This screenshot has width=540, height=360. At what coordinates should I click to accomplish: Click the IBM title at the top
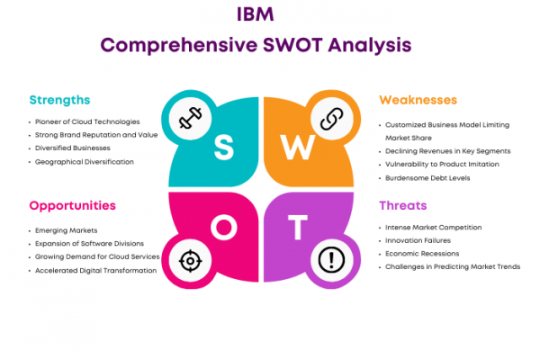(256, 14)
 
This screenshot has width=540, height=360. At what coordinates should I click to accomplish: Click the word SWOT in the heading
(292, 45)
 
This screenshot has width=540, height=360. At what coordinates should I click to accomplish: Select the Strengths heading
(59, 100)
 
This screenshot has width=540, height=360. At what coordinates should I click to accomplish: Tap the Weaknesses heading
(418, 100)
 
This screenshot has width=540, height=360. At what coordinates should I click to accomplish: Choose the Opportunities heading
(72, 206)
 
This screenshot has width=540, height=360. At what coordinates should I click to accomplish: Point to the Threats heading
(403, 206)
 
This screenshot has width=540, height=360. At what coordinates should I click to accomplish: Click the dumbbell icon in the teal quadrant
(191, 118)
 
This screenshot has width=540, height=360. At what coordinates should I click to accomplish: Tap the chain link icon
(331, 119)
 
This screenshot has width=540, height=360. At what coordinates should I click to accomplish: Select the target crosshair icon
(190, 261)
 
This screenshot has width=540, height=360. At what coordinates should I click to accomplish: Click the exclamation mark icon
(331, 260)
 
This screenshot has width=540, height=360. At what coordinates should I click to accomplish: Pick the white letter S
(224, 147)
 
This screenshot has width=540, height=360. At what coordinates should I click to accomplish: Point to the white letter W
(298, 147)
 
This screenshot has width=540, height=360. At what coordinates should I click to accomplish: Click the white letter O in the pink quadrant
(224, 227)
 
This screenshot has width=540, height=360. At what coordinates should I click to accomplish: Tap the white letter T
(298, 227)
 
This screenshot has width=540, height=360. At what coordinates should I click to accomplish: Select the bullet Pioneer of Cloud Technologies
(87, 122)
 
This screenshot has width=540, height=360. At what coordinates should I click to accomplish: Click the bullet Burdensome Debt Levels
(427, 178)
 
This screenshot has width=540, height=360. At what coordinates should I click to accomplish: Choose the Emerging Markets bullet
(66, 230)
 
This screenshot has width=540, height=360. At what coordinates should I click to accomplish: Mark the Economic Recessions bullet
(422, 254)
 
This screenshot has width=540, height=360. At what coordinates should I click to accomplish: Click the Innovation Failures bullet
(418, 240)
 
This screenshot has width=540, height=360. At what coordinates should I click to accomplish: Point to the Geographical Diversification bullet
(85, 162)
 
